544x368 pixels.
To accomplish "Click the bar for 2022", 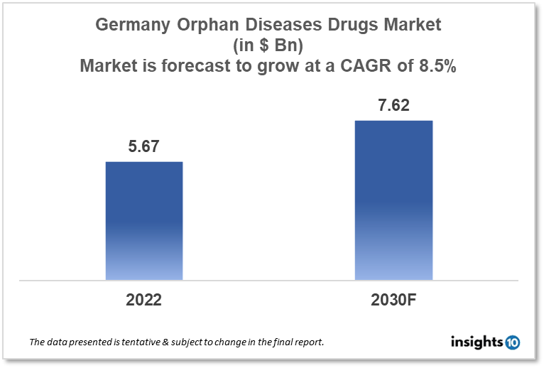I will (x=144, y=220).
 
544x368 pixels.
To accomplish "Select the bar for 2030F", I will (x=393, y=200).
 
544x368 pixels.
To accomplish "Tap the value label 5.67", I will (x=144, y=147).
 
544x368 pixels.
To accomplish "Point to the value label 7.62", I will (x=393, y=106).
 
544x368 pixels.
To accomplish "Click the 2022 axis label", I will (x=144, y=300).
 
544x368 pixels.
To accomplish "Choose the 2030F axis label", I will (x=393, y=300).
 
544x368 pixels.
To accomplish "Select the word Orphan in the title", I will (x=207, y=26).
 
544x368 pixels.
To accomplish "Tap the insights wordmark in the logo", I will (x=477, y=342).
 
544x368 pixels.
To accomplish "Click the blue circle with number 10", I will (x=512, y=342).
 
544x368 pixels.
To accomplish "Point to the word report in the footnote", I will (x=307, y=342).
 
